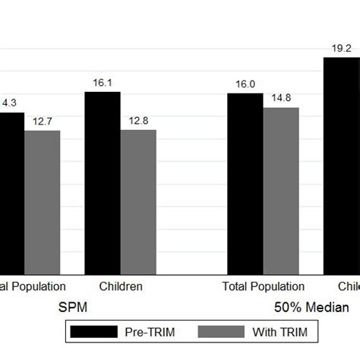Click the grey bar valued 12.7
42,201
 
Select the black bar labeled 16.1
102,182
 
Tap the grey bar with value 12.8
138,201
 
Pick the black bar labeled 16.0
245,183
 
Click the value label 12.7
42,121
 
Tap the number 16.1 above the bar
102,83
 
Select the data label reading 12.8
138,121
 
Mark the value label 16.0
245,84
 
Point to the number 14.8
281,98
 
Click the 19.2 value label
341,48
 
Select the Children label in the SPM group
121,286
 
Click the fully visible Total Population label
263,286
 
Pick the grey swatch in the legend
221,332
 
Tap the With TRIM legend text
281,332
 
